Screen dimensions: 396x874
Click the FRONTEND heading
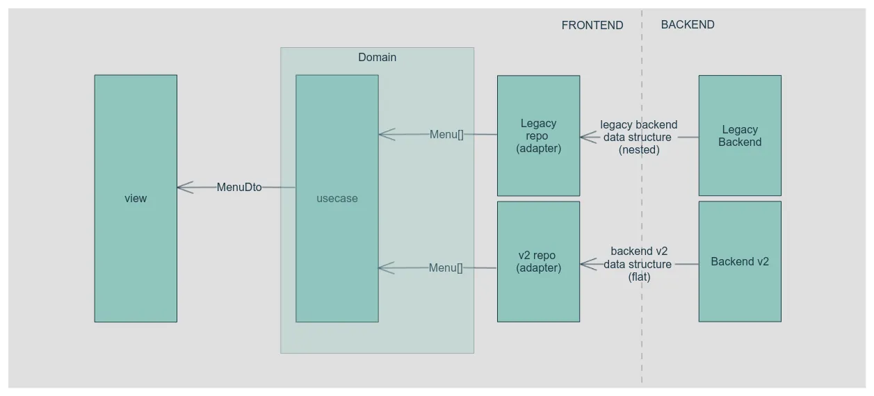[592, 25]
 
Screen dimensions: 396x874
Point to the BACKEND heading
[688, 24]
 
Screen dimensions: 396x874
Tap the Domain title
[377, 57]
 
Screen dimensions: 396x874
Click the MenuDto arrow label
[239, 187]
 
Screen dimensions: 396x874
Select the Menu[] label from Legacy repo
[446, 134]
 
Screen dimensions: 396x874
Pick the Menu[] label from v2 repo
[446, 267]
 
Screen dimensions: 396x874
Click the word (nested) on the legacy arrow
[639, 149]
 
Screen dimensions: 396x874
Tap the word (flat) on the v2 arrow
[639, 277]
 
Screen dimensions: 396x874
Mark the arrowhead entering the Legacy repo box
[587, 137]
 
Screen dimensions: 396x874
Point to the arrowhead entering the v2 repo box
[587, 264]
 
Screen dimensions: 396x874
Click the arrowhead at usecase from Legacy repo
[385, 134]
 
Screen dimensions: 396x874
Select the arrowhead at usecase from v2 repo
[385, 267]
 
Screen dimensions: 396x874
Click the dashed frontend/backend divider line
[642, 208]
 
